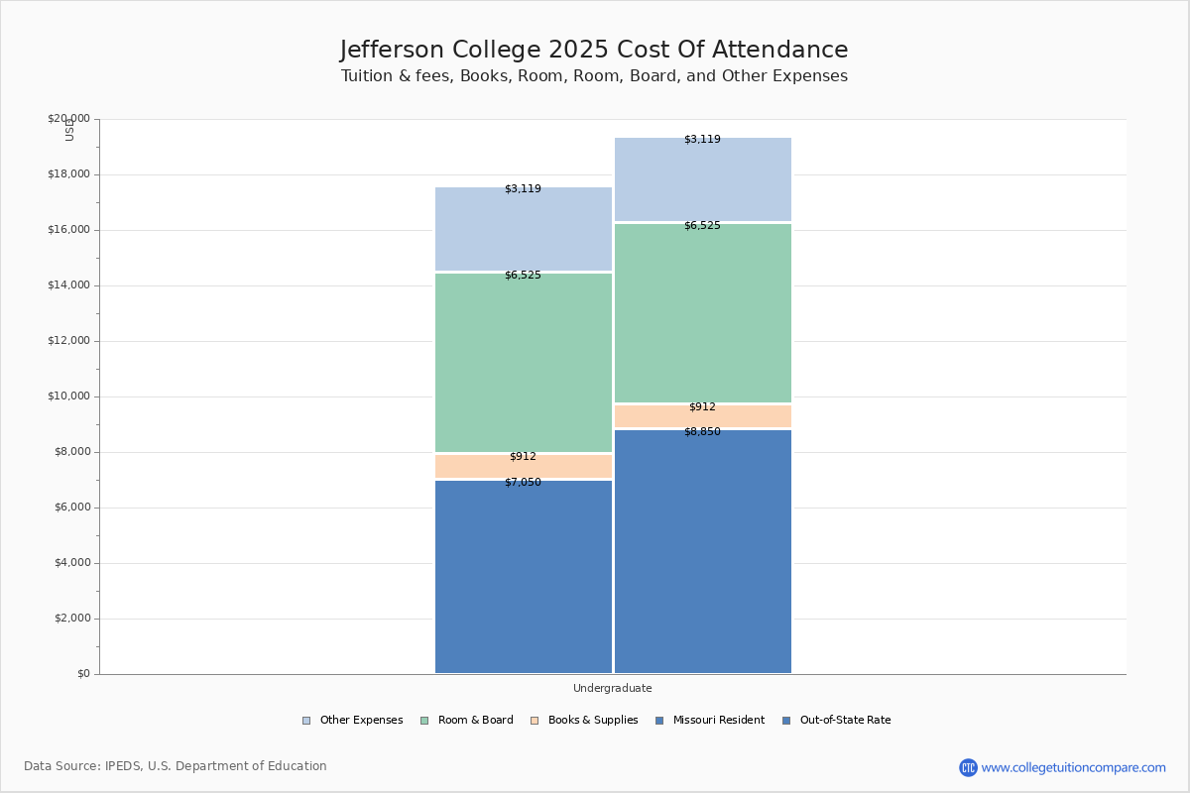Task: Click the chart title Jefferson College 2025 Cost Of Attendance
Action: tap(594, 50)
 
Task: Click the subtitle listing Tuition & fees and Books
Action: tap(594, 76)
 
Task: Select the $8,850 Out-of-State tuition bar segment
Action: tap(703, 555)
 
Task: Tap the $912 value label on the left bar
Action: tap(523, 457)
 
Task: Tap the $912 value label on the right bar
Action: tap(702, 407)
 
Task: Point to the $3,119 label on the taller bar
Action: tap(702, 140)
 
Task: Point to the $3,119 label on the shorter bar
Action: tap(523, 189)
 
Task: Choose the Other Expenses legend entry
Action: tap(353, 721)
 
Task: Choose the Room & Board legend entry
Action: tap(467, 721)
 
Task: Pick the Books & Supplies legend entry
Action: tap(584, 721)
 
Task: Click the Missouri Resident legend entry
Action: tap(710, 721)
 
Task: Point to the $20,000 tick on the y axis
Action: tap(68, 119)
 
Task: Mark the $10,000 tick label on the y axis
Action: tap(68, 396)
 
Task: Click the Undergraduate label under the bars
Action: tap(612, 688)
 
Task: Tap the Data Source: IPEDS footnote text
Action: tap(176, 766)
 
